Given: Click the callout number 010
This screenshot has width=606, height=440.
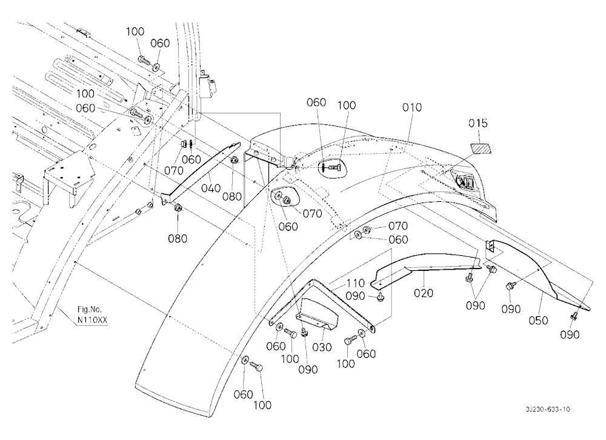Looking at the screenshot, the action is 412,107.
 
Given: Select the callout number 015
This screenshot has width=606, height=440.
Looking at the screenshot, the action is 478,124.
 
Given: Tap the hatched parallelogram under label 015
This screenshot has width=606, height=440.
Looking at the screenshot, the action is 480,148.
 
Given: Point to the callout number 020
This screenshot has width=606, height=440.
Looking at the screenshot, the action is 424,293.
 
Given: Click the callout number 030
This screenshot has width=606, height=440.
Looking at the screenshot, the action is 322,347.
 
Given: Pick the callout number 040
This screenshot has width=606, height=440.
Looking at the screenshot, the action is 211,188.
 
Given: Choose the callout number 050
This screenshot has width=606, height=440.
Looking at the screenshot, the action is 538,321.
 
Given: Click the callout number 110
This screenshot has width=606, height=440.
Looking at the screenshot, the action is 356,284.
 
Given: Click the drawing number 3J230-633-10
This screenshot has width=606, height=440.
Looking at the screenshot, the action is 548,410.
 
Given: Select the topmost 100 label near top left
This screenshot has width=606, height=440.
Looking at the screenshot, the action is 135,32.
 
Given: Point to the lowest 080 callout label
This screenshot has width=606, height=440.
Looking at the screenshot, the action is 178,239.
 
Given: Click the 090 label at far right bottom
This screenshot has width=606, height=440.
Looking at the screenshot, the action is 570,335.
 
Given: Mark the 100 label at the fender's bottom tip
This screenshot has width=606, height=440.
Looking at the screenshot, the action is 262,405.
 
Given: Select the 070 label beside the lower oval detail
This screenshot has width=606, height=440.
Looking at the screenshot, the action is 312,213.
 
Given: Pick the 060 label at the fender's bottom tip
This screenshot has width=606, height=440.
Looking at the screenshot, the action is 244,395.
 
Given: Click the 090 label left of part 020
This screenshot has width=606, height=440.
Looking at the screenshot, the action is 355,296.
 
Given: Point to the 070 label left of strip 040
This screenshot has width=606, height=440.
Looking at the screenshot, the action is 174,170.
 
